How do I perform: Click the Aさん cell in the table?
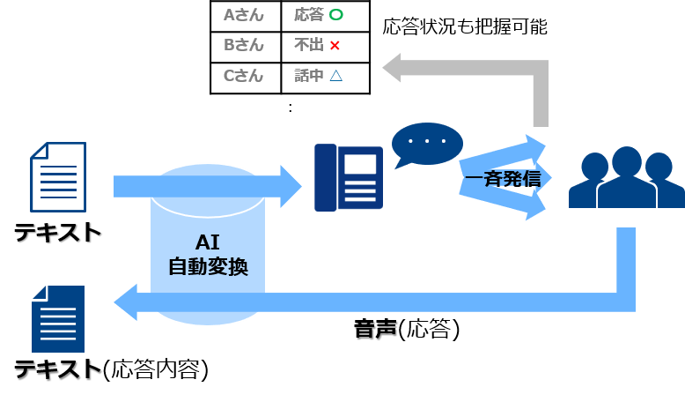point(245,16)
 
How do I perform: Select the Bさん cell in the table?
point(245,47)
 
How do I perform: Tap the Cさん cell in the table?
point(245,78)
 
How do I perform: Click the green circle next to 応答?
point(336,15)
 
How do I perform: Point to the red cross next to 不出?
point(335,46)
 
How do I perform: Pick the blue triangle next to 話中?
point(336,76)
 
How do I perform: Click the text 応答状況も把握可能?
point(465,27)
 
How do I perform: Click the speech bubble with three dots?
point(426,145)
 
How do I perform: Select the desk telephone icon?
point(349,177)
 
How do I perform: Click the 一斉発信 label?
point(503,179)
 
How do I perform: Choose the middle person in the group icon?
point(627,177)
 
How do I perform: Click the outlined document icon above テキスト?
point(58,176)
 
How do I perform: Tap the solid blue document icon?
point(58,319)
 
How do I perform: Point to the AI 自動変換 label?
point(208,255)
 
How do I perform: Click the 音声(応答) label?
point(407,329)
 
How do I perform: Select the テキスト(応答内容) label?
point(112,369)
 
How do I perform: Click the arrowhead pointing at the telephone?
point(291,186)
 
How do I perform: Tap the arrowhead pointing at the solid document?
point(126,302)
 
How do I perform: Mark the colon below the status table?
point(291,108)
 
